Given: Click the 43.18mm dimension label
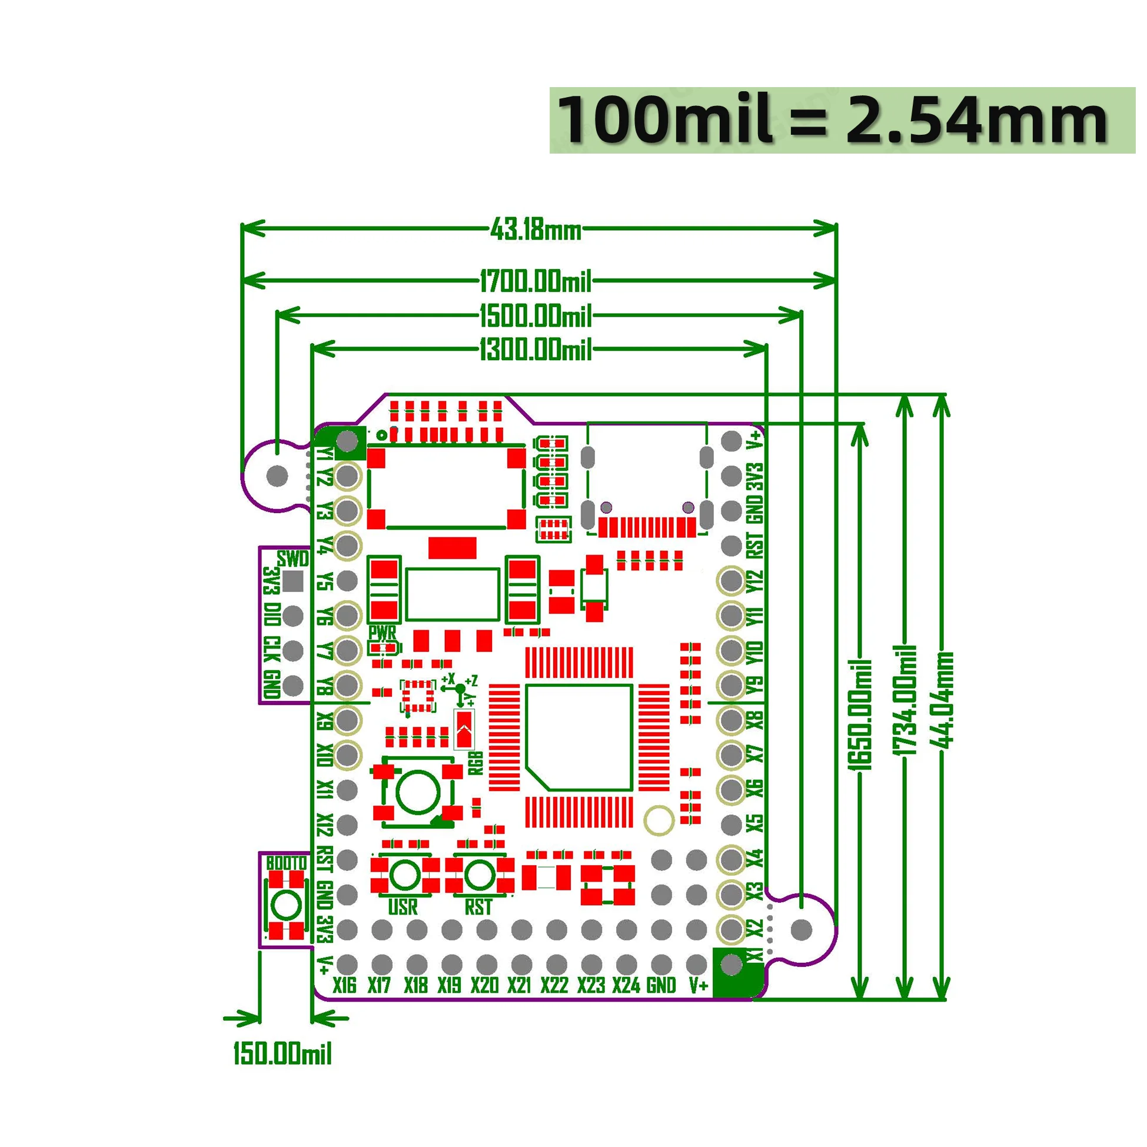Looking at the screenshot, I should click(536, 229).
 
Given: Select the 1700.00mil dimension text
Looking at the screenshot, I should click(536, 281).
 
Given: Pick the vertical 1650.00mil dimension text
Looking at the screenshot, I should click(861, 716).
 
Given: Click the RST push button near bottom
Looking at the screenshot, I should click(479, 875).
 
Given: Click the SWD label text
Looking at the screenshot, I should click(293, 558).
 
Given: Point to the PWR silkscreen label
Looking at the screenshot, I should click(382, 632).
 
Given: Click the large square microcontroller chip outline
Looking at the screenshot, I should click(579, 737).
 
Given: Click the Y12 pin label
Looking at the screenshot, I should click(754, 581).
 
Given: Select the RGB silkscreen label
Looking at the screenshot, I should click(476, 762).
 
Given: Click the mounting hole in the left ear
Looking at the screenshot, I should click(278, 476).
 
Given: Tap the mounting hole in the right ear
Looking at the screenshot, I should click(802, 930).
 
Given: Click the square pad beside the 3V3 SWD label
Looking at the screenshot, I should click(292, 582).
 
